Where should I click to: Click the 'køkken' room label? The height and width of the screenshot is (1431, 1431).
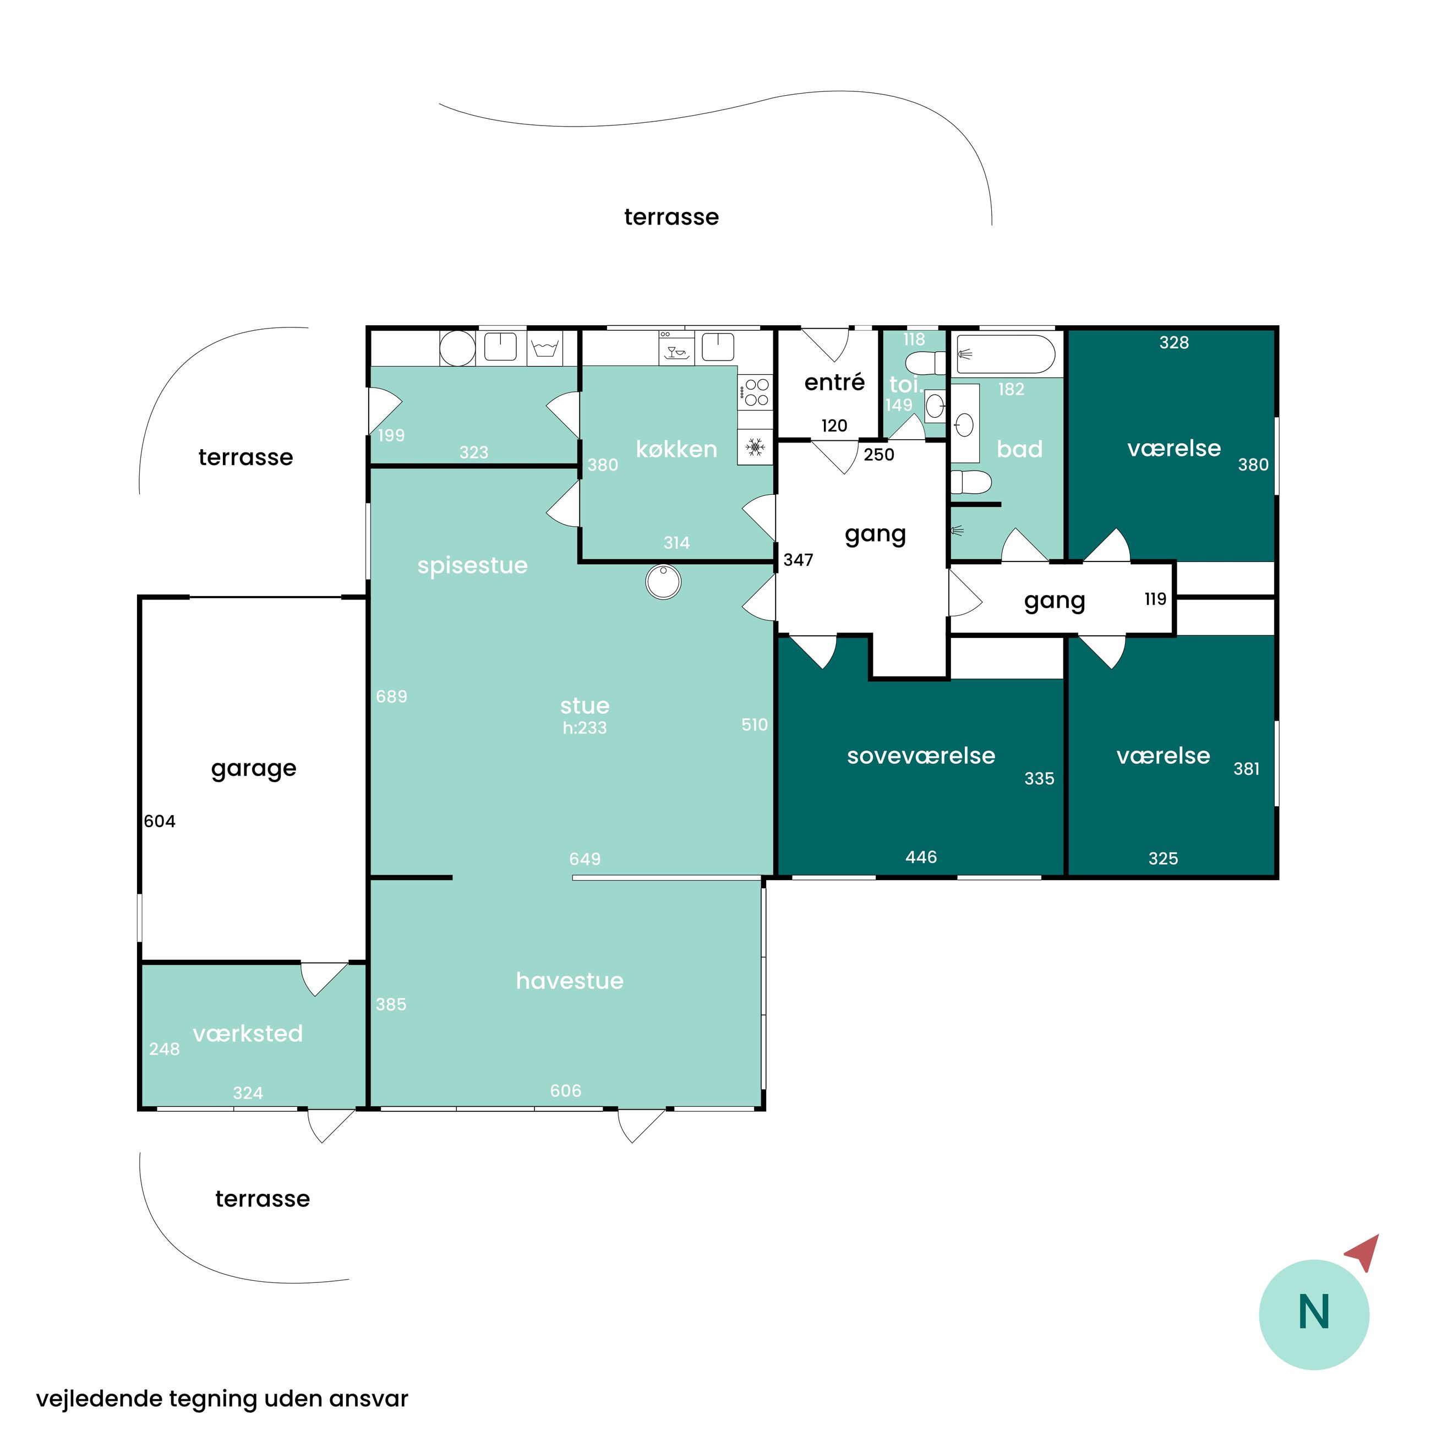pos(676,449)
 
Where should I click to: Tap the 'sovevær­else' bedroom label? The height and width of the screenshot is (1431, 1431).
pos(921,756)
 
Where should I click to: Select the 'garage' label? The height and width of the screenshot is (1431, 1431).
pos(253,769)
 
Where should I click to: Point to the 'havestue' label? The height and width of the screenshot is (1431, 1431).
pos(570,981)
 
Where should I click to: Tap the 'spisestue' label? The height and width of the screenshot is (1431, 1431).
pos(473,566)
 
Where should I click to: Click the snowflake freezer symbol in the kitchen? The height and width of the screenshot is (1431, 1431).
pos(755,447)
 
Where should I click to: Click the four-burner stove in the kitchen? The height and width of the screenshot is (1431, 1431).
pos(756,392)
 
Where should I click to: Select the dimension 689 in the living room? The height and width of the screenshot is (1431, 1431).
pos(391,696)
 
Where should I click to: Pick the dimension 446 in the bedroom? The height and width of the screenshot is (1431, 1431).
pos(921,857)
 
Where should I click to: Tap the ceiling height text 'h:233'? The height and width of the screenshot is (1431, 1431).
pos(585,728)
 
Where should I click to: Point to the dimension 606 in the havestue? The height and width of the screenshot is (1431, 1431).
pos(565,1090)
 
